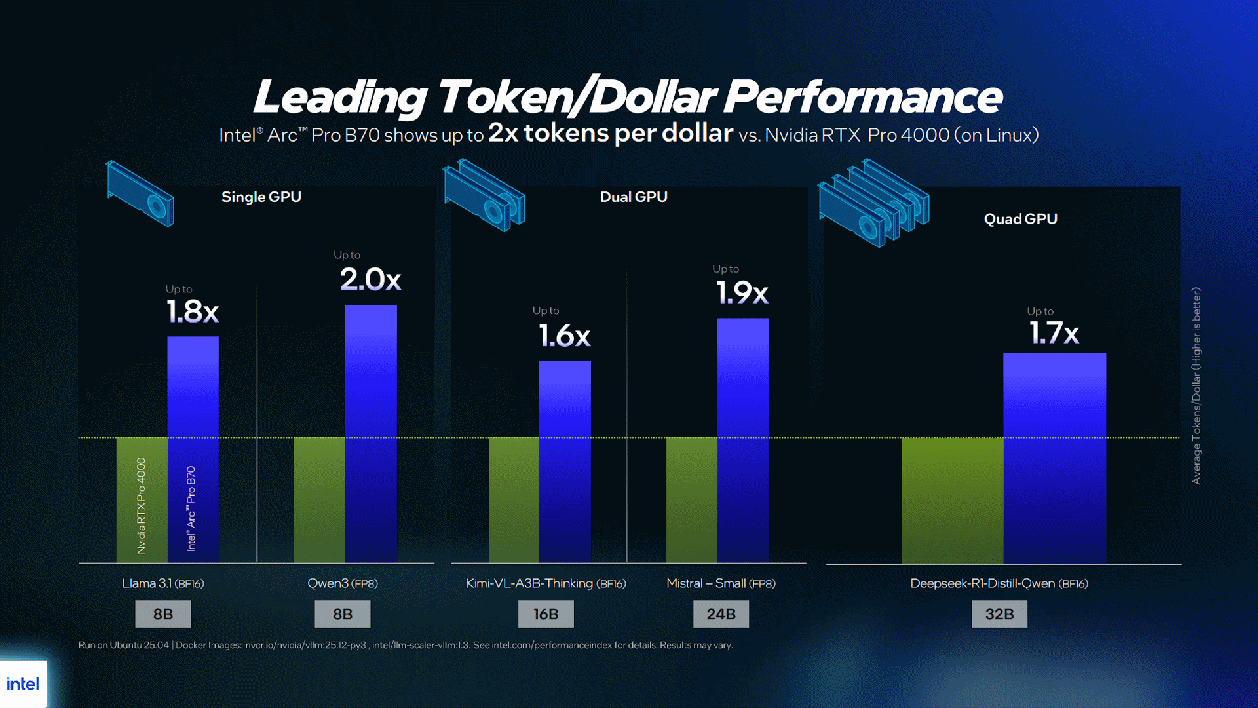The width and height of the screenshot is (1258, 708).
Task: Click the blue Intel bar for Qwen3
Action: coord(371,433)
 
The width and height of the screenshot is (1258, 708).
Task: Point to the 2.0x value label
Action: coord(370,280)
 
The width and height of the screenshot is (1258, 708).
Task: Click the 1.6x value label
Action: coord(564,336)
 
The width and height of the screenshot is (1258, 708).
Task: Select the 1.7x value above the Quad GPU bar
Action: coord(1054,333)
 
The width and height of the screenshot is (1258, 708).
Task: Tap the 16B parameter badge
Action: coord(546,614)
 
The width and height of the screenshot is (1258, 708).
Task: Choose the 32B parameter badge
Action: coord(999,614)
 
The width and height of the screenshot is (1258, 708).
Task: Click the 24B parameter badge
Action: coord(721,614)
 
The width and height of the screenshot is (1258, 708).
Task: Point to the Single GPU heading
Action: coord(261,197)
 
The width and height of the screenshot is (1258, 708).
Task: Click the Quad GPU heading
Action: coord(1020,219)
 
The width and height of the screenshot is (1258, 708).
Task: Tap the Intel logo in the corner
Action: coord(23,684)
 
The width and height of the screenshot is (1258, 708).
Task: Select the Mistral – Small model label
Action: coord(721,583)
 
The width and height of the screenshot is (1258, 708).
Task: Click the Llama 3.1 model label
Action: coord(163,583)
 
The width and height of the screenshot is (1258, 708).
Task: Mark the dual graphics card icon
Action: coord(484,195)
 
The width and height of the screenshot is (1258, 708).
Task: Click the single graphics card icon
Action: coord(140,193)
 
